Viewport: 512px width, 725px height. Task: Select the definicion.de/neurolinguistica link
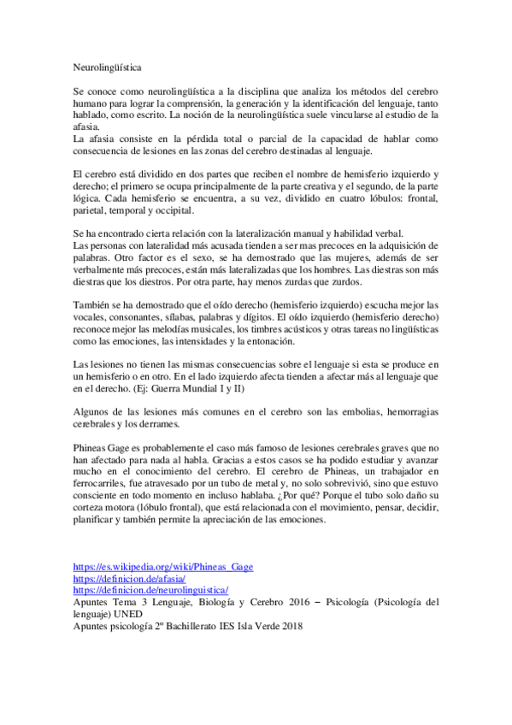tap(150, 590)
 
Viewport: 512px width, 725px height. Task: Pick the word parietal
tap(91, 210)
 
